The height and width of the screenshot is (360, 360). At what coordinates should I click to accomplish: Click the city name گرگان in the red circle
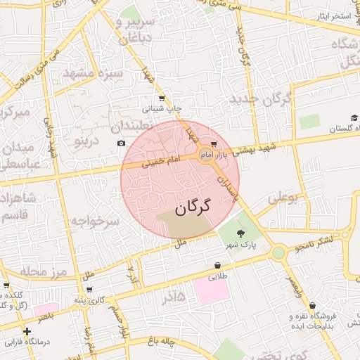click(x=183, y=208)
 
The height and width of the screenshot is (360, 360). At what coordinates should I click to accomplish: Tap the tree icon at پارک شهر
click(x=241, y=234)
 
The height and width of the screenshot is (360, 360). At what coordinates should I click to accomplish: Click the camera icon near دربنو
click(x=122, y=143)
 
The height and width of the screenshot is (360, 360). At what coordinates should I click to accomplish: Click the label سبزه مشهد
click(x=93, y=73)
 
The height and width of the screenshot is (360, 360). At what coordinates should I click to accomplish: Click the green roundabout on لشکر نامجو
click(x=279, y=252)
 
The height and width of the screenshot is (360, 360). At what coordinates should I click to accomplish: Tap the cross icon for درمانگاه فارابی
click(x=27, y=331)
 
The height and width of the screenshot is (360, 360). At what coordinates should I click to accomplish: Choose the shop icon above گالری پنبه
click(x=89, y=289)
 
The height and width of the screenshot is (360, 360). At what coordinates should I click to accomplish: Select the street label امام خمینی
click(x=163, y=162)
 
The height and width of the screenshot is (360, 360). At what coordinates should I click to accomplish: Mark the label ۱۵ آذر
click(x=173, y=297)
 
